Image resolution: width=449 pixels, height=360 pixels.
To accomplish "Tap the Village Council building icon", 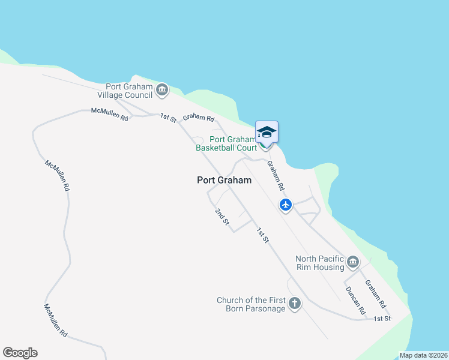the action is coord(161,91).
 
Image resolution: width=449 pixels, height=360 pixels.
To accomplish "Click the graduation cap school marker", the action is coord(267,132).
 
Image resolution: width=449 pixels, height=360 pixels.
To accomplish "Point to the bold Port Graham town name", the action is coord(224,179).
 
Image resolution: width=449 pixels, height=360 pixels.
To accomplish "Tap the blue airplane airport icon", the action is coord(286,205).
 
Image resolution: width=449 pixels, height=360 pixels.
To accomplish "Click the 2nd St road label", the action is coord(222,217).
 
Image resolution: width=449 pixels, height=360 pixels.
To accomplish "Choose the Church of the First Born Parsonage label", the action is coord(250,304).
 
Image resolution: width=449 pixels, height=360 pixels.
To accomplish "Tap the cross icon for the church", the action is coord(294,304).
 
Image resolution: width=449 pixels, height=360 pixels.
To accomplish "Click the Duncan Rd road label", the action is coord(355,301).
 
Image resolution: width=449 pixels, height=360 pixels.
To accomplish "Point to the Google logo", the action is coord(20,353).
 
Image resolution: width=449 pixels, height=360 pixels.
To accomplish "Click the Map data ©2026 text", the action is coord(423,355).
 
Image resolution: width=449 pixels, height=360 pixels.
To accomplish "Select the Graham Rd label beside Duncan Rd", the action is coord(374,292).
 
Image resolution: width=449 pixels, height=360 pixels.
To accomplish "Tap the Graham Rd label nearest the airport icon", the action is coord(276,176).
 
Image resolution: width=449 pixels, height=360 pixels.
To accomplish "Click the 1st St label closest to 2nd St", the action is coord(262,235).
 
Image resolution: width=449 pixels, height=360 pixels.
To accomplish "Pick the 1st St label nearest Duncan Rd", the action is coord(382,318).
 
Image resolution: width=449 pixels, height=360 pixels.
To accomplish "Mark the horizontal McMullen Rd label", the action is coord(110,114).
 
